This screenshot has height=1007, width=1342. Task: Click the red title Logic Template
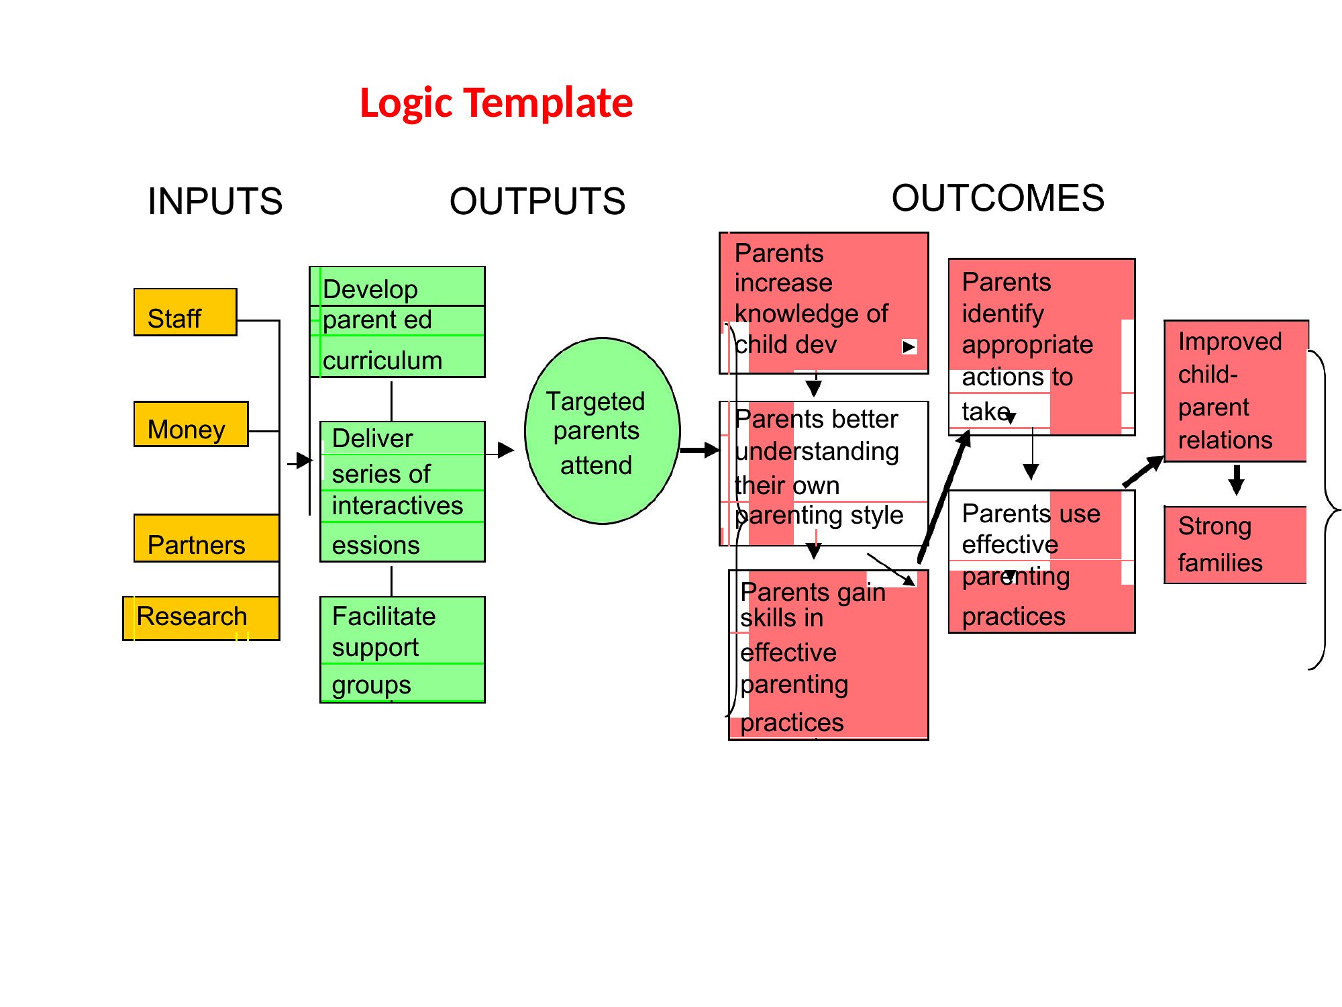tap(497, 103)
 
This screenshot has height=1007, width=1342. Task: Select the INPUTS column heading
tap(215, 201)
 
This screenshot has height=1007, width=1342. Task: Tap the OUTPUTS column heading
tap(537, 201)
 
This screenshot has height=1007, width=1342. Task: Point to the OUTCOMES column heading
tap(998, 198)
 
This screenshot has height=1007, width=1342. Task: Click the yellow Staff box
tap(185, 312)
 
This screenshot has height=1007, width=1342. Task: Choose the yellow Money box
tap(191, 424)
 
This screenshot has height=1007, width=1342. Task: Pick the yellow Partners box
tap(207, 538)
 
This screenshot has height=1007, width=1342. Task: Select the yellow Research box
tap(201, 618)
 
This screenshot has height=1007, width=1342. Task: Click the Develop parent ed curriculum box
tap(397, 322)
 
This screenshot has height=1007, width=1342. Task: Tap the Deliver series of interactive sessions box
tap(403, 491)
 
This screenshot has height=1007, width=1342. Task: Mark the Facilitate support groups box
tap(403, 650)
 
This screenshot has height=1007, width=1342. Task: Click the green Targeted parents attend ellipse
tap(603, 431)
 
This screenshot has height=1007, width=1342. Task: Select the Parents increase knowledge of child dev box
tap(824, 303)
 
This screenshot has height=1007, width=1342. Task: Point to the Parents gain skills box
tap(829, 655)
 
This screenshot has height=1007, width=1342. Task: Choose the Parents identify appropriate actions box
tap(1042, 347)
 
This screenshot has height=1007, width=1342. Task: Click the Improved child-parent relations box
tap(1236, 391)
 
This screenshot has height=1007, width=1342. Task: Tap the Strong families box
tap(1235, 545)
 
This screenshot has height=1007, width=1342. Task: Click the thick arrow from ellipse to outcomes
tap(700, 450)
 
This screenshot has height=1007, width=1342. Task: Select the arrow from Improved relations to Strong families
tap(1237, 479)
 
